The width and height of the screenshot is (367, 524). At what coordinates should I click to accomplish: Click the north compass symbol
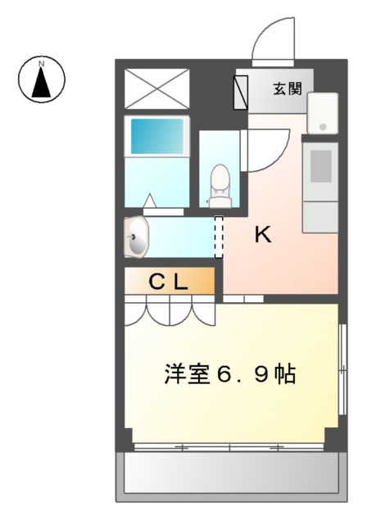41,79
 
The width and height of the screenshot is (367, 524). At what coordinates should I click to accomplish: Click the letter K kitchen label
262,236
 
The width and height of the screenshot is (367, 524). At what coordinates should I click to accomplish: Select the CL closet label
169,282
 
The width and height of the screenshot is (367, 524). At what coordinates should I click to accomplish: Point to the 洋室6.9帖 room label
230,375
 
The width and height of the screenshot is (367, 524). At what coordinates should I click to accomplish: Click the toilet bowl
220,184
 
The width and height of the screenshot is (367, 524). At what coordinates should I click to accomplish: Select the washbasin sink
138,237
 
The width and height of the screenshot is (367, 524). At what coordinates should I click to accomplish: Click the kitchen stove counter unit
319,185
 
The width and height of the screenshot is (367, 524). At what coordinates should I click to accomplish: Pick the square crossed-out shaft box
156,88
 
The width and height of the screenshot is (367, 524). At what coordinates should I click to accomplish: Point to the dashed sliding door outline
219,237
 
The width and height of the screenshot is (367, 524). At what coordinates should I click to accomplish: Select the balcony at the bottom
229,475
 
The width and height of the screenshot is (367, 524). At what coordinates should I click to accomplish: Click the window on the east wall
341,369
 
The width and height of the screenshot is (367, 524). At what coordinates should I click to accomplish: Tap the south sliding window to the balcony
229,447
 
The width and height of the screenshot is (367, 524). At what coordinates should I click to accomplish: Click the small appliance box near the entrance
323,114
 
